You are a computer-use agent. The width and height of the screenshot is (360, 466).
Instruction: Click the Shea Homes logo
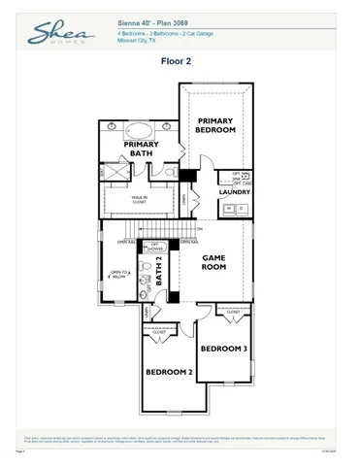55,33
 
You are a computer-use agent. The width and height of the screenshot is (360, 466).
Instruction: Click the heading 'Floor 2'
179,61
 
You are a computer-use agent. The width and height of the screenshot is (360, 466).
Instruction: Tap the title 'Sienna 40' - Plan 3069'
148,20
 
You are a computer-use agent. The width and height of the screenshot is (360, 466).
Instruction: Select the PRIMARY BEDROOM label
216,124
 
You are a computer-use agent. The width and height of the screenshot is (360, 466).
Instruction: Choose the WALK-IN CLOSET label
147,200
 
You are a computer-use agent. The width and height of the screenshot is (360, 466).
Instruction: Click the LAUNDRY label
235,192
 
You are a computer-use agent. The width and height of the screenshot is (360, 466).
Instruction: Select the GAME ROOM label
213,261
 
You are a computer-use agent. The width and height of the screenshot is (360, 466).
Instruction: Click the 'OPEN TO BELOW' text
118,275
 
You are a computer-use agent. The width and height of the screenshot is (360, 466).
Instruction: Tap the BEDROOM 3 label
223,348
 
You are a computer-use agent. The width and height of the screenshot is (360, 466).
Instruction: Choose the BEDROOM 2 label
169,371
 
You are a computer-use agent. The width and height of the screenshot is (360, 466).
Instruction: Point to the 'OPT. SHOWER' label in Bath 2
154,246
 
